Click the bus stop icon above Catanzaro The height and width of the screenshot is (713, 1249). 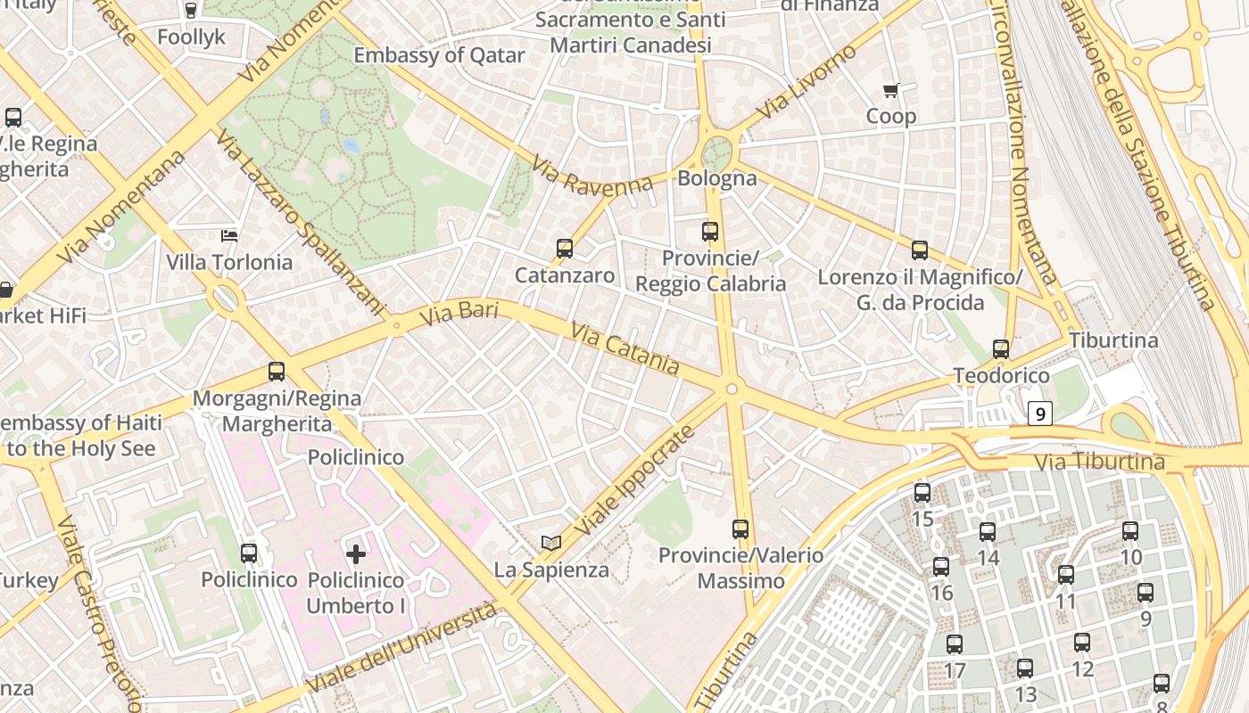point(564,249)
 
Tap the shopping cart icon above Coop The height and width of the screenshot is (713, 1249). point(890,90)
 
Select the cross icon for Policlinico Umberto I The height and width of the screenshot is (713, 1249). point(356,554)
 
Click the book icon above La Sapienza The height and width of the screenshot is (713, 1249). point(551,543)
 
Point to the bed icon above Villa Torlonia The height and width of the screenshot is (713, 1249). point(229,236)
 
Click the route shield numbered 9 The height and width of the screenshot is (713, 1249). point(1040,414)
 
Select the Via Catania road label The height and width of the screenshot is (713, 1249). point(624,348)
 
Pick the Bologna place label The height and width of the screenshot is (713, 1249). point(717,178)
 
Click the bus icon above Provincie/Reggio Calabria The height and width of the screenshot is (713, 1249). point(710,232)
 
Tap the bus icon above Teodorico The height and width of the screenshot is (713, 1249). point(1001,349)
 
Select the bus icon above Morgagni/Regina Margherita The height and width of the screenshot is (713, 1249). point(277,372)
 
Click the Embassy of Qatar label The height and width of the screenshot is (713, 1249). point(439,55)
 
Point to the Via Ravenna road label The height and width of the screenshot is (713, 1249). point(592,176)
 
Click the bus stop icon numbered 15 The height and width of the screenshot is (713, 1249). point(922,492)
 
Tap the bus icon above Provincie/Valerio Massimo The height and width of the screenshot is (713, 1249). point(740,529)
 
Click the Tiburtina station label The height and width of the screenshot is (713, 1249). point(1113,340)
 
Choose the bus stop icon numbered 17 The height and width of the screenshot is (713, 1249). point(955,643)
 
